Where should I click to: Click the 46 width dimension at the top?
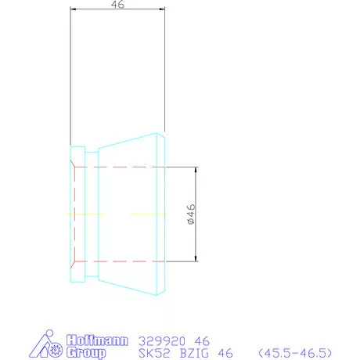pyautogui.click(x=119, y=5)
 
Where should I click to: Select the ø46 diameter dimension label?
pyautogui.click(x=190, y=214)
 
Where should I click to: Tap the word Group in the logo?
pyautogui.click(x=85, y=353)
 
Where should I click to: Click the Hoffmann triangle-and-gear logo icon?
pyautogui.click(x=45, y=347)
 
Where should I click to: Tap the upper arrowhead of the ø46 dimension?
pyautogui.click(x=196, y=170)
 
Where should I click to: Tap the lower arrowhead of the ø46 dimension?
pyautogui.click(x=196, y=257)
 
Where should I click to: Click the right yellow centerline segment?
pyautogui.click(x=148, y=214)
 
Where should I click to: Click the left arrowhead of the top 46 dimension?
pyautogui.click(x=73, y=10)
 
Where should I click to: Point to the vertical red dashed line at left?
pyautogui.click(x=73, y=214)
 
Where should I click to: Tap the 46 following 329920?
pyautogui.click(x=201, y=341)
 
